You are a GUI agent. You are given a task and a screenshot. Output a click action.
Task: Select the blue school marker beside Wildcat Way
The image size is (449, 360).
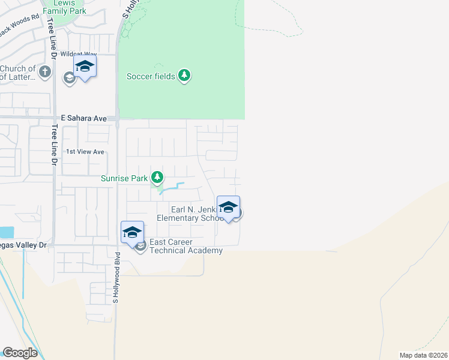[85, 67]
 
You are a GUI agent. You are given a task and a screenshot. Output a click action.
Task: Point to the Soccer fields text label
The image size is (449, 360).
[151, 76]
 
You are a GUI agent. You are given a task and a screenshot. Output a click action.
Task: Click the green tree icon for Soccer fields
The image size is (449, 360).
[185, 76]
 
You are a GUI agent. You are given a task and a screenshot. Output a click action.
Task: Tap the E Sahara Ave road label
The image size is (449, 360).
[84, 119]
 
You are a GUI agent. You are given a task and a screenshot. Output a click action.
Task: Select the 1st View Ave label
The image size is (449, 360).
[85, 152]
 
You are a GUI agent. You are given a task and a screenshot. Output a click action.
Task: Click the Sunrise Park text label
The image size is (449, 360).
[123, 178]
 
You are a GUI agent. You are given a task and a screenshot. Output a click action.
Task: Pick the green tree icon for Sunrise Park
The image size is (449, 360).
[157, 177]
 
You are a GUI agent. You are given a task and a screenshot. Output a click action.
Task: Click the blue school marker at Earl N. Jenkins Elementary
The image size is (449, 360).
[228, 208]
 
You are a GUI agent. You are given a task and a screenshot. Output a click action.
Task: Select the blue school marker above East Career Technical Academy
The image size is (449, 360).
[132, 232]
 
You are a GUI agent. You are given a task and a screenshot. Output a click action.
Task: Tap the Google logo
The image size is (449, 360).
[20, 353]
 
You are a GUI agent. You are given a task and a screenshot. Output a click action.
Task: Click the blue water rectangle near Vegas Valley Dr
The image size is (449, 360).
[6, 232]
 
